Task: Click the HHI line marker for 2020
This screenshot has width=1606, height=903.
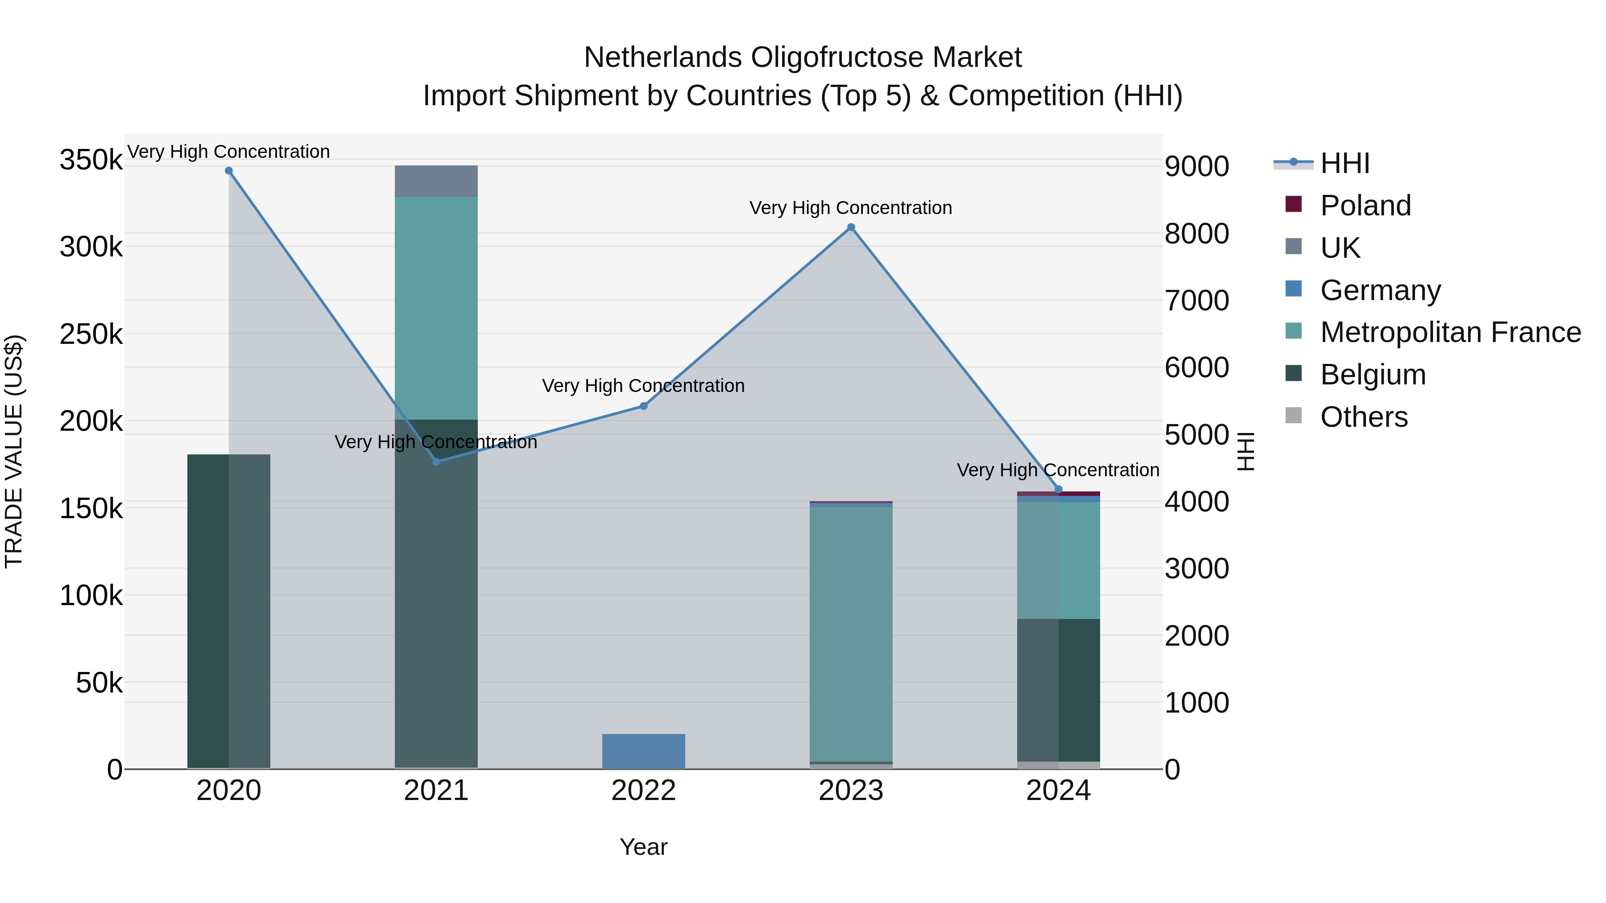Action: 229,171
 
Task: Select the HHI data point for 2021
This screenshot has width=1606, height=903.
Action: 436,462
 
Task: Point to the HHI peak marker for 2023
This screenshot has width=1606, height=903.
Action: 851,227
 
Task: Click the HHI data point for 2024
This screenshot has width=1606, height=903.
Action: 1058,490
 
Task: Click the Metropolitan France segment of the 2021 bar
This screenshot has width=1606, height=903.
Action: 436,309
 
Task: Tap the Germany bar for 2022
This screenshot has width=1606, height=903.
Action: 643,751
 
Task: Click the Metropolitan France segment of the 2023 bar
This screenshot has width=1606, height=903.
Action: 851,632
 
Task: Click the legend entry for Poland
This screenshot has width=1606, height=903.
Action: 1366,206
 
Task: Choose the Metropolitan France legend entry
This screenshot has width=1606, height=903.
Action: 1450,332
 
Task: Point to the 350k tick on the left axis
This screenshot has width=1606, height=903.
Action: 91,160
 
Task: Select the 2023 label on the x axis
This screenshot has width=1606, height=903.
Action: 851,791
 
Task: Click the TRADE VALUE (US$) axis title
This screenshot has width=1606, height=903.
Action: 14,451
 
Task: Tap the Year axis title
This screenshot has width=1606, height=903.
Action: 643,847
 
